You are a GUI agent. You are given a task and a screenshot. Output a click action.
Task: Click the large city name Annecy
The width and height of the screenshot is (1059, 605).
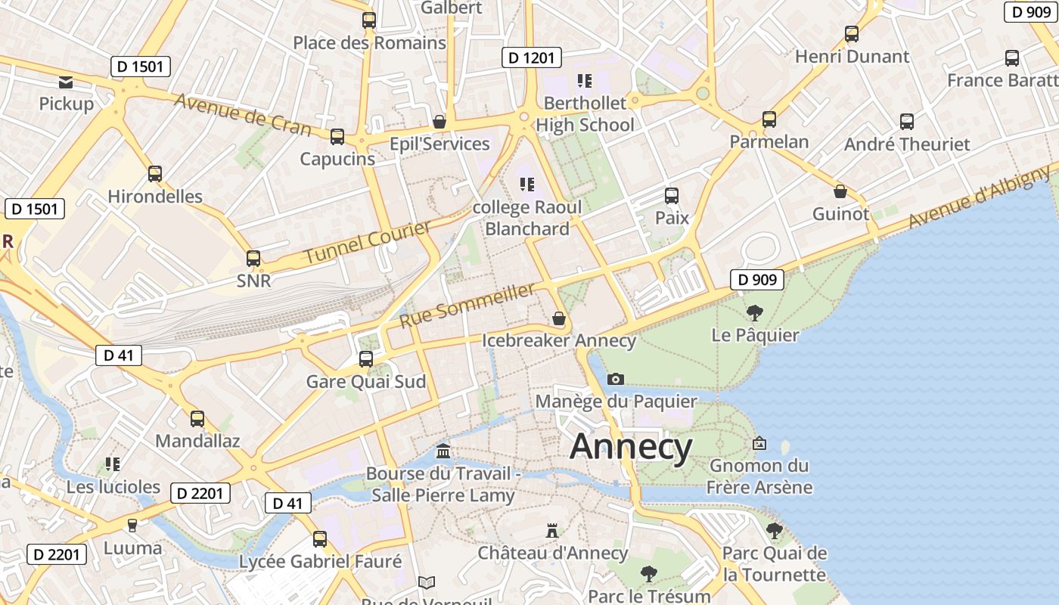[x=631, y=447]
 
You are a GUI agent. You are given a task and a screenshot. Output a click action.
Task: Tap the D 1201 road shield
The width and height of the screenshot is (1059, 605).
[x=531, y=57]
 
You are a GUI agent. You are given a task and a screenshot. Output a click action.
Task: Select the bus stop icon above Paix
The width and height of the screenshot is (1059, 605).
[x=671, y=196]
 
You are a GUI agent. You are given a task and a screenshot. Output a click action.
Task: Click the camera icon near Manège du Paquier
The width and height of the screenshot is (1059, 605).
[x=616, y=379]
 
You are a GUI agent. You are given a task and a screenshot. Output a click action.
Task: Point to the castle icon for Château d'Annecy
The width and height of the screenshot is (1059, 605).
[x=552, y=531]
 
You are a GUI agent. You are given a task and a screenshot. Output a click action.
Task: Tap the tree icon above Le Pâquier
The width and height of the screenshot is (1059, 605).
[x=754, y=313]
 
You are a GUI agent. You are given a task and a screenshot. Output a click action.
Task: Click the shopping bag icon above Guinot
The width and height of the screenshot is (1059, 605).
[x=840, y=191]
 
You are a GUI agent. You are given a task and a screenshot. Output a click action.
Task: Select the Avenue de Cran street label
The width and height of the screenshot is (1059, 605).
[x=243, y=115]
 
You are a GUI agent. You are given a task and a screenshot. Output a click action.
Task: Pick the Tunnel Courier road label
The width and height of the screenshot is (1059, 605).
[x=368, y=242]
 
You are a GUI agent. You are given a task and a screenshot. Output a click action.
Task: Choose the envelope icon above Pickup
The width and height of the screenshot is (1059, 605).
[x=66, y=82]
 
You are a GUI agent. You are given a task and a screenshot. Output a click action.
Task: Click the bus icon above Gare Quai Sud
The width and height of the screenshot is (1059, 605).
[x=366, y=359]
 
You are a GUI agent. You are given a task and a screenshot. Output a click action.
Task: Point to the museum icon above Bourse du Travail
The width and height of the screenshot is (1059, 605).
[x=443, y=451]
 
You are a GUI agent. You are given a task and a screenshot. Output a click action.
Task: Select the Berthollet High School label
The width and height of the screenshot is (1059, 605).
[x=585, y=113]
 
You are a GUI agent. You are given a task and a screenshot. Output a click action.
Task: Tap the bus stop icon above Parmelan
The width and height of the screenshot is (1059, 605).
[x=769, y=119]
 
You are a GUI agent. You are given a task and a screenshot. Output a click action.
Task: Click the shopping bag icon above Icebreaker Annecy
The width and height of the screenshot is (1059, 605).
[x=559, y=318]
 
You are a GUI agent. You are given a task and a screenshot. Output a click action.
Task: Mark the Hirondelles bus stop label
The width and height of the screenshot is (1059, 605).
[x=155, y=197]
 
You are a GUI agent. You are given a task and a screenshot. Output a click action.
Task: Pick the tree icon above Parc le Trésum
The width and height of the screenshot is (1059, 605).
[x=649, y=574]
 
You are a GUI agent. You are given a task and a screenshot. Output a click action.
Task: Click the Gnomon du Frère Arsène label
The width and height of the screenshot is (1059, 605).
[x=759, y=476]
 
